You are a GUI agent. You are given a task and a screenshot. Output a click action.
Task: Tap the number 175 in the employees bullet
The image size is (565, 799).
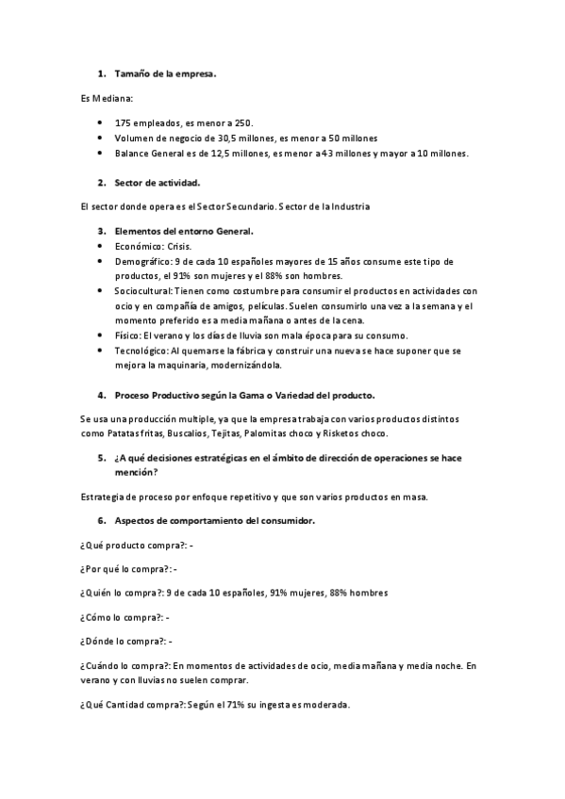[123, 122]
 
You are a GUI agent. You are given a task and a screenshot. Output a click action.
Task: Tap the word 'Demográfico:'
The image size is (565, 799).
[143, 260]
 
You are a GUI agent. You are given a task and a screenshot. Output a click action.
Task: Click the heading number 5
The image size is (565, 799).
[101, 459]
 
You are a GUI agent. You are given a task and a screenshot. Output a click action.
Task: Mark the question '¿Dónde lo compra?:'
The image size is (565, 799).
[123, 641]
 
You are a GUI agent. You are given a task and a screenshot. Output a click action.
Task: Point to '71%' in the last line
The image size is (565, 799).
[240, 704]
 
